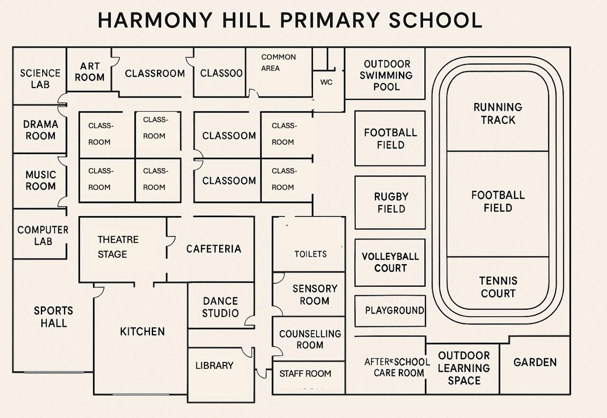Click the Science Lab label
pos(40,79)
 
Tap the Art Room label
pos(90,72)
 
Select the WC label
pos(326,82)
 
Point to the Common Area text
pos(278,63)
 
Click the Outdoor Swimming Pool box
pos(385,73)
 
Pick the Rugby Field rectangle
pos(390,202)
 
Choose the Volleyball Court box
pos(390,263)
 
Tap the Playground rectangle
pos(390,311)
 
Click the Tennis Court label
pos(498,287)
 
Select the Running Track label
pos(498,113)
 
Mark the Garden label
pos(535,362)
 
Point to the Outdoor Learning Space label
pos(464,368)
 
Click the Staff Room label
pos(305,373)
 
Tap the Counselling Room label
pos(310,339)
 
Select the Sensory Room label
pos(315,295)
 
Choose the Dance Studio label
pos(221,307)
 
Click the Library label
pos(214,365)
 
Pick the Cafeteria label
pos(213,249)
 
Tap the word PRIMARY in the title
pos(329,20)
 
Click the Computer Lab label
pos(43,235)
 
